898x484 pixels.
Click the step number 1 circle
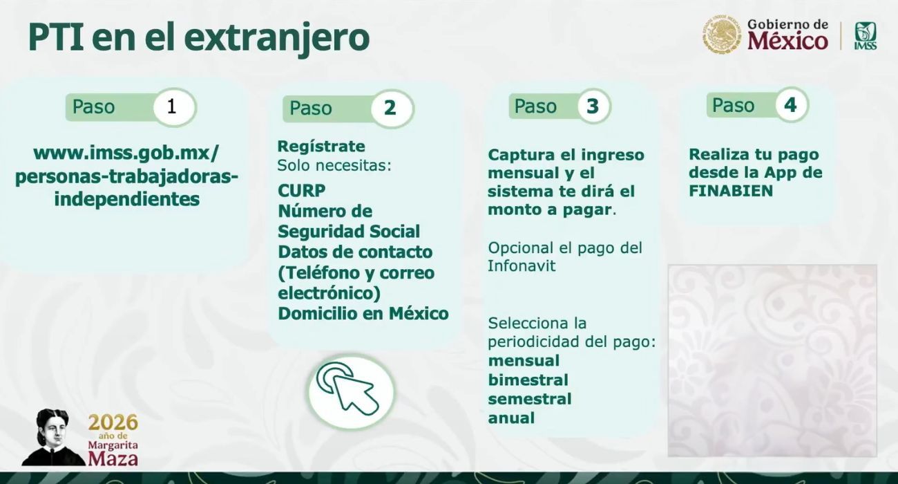point(172,107)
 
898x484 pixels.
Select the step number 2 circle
point(390,109)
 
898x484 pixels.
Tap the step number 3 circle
point(593,106)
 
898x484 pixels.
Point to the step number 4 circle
point(790,105)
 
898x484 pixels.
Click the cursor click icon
point(351,391)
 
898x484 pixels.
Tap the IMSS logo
point(865,35)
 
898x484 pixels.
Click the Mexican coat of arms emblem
point(722,35)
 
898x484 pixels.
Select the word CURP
point(301,190)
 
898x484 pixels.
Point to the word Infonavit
point(522,266)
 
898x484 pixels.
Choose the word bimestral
point(528,380)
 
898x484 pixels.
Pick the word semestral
point(529,399)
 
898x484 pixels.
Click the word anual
point(511,418)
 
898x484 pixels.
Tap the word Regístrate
point(321,147)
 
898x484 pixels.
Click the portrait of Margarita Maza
point(52,438)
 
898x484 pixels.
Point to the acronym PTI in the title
point(55,37)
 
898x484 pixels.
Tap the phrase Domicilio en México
point(363,313)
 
